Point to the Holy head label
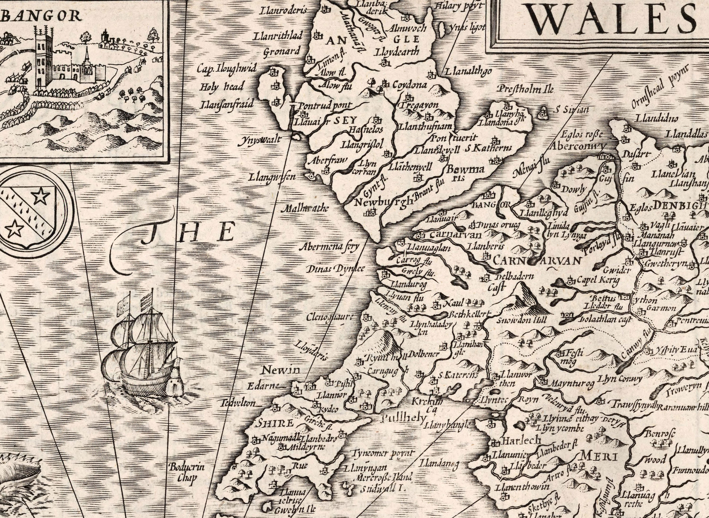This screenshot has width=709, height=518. [x=222, y=87]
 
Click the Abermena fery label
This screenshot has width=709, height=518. [x=329, y=247]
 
